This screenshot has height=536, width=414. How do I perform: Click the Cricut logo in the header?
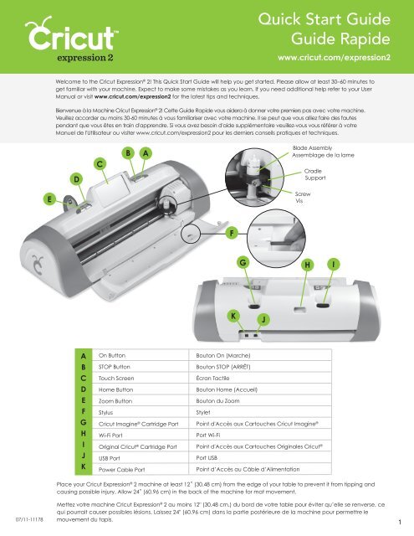click(x=71, y=39)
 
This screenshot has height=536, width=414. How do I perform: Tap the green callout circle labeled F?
click(x=232, y=233)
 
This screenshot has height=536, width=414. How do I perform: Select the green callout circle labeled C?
click(x=100, y=164)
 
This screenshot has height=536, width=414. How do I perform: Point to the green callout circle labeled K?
click(x=233, y=316)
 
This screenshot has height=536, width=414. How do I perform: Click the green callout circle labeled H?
click(x=308, y=265)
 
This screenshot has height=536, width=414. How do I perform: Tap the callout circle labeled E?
click(x=50, y=199)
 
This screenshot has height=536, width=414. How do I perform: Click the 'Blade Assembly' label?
click(x=312, y=148)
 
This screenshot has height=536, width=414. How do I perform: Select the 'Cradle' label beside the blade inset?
click(x=313, y=171)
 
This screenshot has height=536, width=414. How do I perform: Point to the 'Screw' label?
click(x=303, y=193)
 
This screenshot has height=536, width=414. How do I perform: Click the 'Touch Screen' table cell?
click(x=116, y=378)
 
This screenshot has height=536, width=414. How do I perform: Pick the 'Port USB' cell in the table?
click(x=207, y=458)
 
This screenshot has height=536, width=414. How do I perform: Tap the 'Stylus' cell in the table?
click(x=105, y=413)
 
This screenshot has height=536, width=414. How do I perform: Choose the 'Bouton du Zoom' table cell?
click(x=217, y=400)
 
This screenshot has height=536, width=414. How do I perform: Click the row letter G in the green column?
click(x=84, y=422)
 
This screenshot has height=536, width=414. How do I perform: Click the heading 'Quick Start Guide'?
click(x=325, y=19)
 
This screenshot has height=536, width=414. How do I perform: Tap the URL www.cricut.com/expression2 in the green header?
click(x=335, y=58)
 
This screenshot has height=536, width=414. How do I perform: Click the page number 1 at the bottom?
click(x=400, y=522)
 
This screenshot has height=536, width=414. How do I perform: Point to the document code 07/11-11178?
click(x=29, y=519)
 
